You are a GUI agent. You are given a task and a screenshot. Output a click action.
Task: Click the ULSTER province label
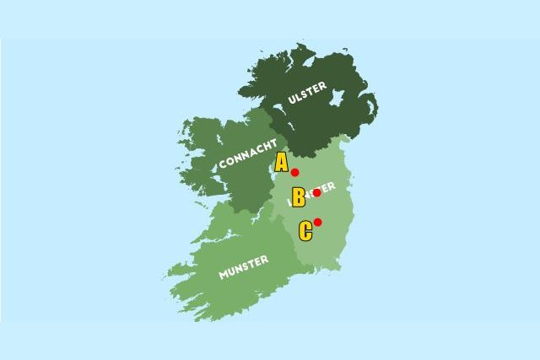coord(306,98)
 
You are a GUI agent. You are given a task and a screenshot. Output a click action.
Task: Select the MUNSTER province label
coord(243,267)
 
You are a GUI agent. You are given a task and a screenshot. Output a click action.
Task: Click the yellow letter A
coord(281,162)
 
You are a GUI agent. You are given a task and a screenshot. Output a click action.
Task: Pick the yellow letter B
coord(298,197)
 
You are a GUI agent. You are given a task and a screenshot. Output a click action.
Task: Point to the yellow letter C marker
coord(305,230)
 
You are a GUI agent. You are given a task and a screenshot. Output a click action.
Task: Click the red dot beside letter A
coord(295,173)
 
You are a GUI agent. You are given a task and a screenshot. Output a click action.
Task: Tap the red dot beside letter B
coord(316,193)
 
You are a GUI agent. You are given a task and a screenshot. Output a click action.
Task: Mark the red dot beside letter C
coord(317,223)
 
